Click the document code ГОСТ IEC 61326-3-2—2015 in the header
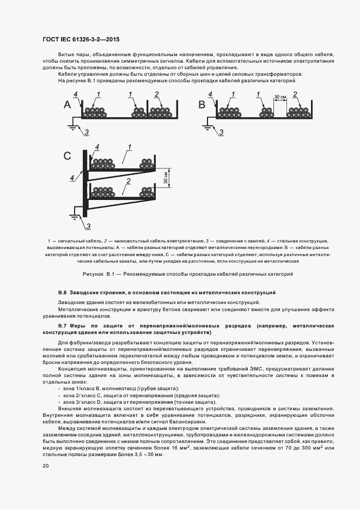click(81, 40)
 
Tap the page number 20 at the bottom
click(46, 466)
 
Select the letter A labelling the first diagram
click(67, 105)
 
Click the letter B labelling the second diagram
click(201, 105)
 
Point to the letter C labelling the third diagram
click(68, 156)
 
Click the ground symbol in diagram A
click(70, 126)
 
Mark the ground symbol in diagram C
click(75, 216)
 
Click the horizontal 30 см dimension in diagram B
click(279, 97)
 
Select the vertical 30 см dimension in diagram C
click(166, 177)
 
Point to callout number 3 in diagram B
click(221, 132)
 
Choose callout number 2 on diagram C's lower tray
click(128, 180)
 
